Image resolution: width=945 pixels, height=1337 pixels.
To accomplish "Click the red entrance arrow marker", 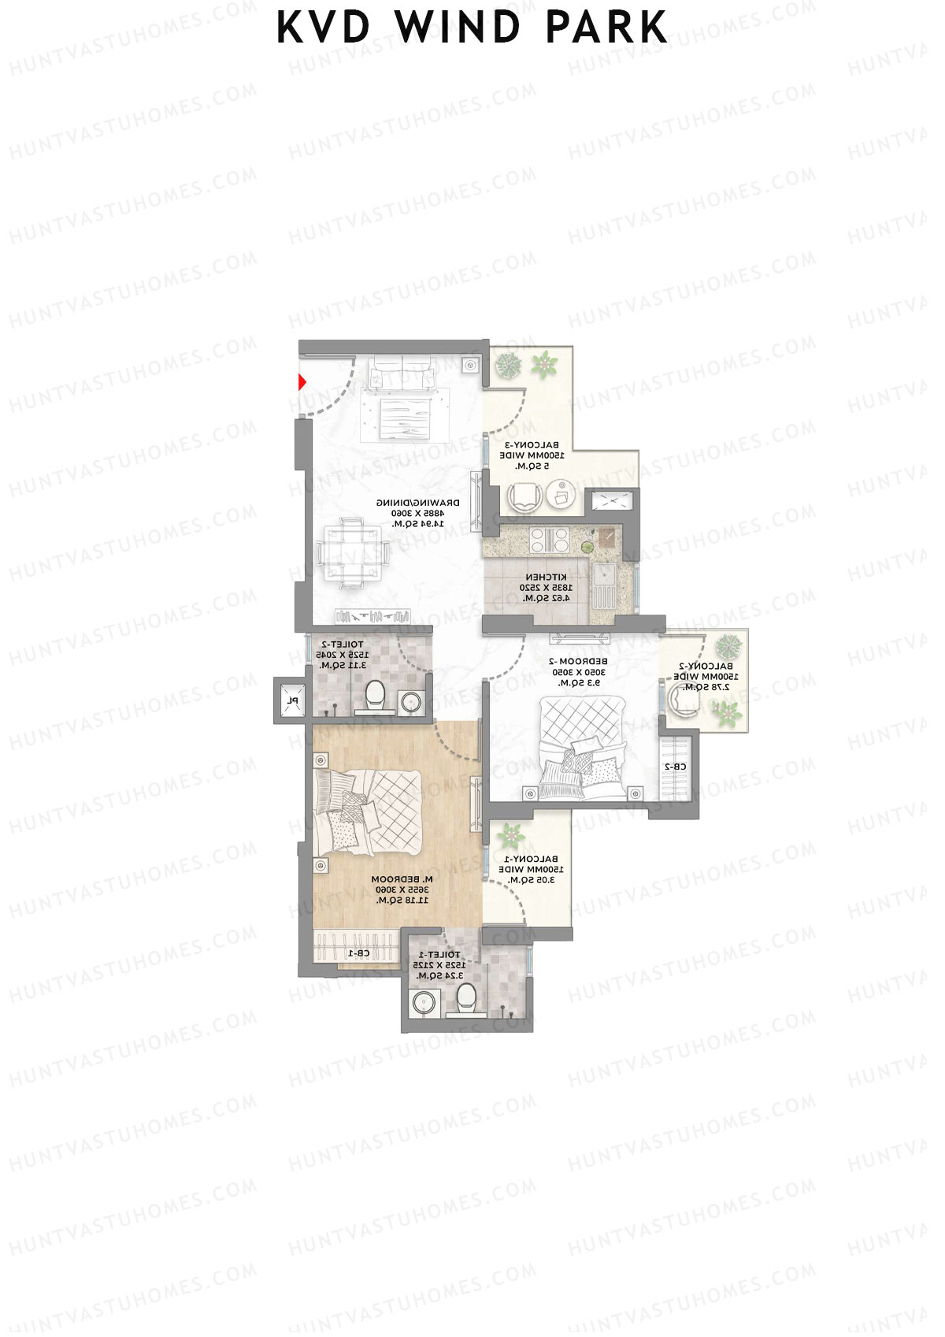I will tap(302, 383).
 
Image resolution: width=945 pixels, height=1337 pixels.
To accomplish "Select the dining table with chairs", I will tap(354, 552).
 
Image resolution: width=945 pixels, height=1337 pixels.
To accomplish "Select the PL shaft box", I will tap(291, 700).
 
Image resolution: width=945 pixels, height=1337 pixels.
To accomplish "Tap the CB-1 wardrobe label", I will tap(359, 953).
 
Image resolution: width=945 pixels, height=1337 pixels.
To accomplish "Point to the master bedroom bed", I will tap(370, 811).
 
